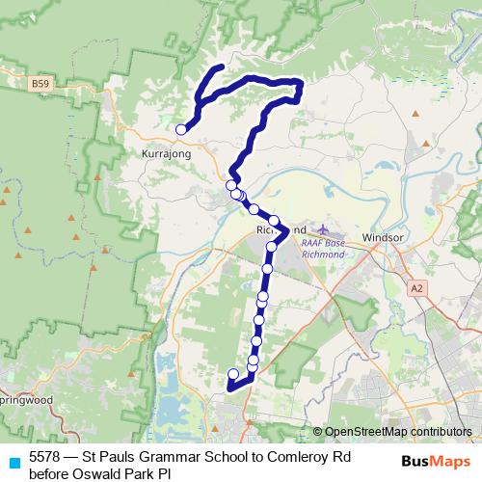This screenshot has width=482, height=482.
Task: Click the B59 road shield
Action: coord(40,84)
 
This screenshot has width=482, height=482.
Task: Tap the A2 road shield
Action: coord(416,286)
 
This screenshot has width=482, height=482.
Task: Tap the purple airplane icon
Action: coord(324,229)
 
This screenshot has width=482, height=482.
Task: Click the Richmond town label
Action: coord(280,231)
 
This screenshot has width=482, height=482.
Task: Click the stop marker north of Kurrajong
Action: coord(181,129)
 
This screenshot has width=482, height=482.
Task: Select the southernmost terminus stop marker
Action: coord(232,374)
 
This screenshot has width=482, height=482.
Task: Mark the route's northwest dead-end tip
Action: coord(222,67)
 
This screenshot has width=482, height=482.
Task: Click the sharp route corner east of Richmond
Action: coord(287,230)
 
